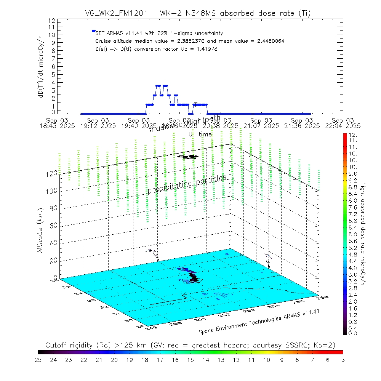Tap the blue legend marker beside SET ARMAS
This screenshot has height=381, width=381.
pos(93,31)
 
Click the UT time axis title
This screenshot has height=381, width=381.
pos(200,134)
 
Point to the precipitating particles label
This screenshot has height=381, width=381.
pos(187,184)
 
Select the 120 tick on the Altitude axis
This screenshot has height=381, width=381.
pos(52,173)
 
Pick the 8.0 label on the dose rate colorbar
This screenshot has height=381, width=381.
pos(352,201)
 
